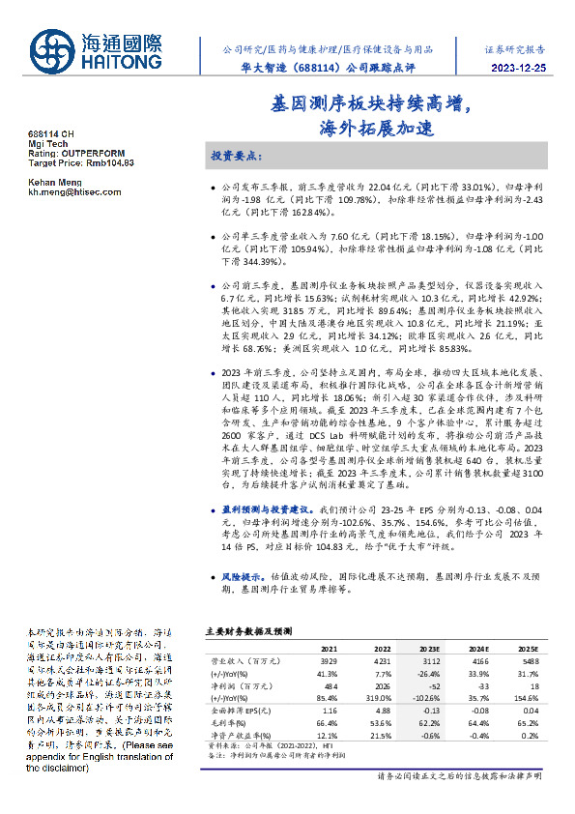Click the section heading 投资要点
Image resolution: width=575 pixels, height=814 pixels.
click(235, 155)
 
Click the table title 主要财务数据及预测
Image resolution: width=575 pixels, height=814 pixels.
click(248, 629)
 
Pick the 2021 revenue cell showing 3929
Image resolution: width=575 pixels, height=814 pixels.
click(329, 661)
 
